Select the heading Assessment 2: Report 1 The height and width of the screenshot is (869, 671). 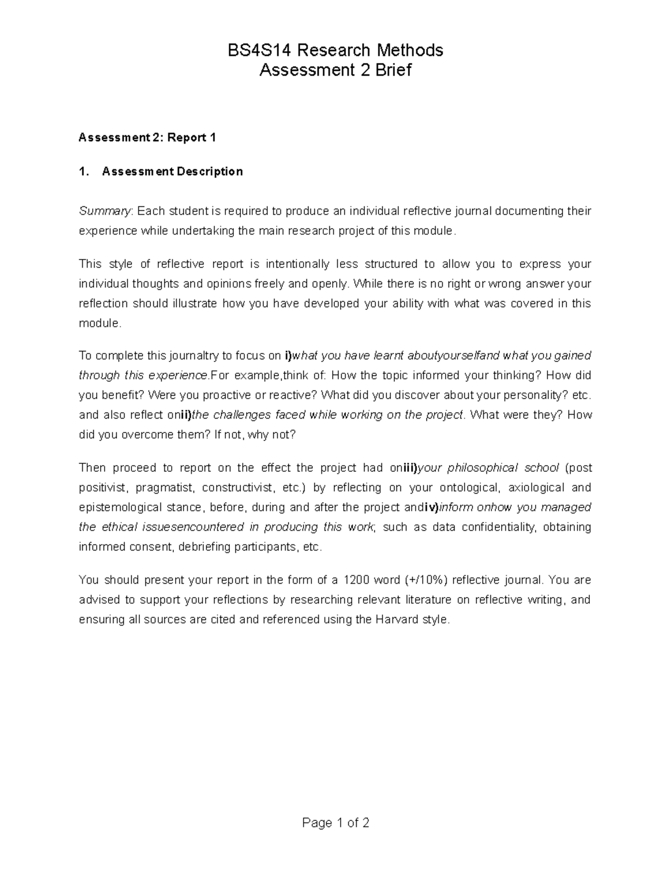coord(147,138)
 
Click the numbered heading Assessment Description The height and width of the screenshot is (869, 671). coord(172,171)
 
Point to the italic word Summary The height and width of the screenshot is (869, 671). coord(105,211)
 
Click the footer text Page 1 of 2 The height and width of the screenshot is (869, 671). coord(335,823)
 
